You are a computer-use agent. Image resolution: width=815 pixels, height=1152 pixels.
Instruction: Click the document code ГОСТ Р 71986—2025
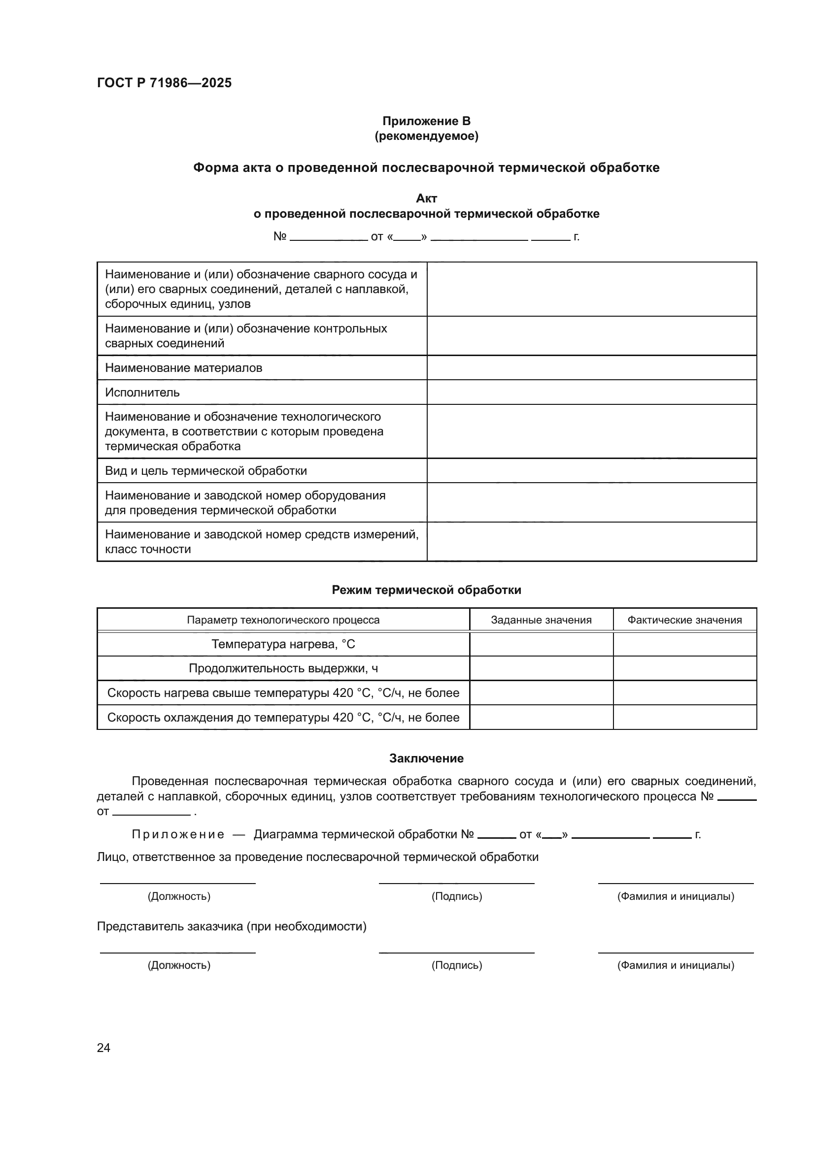coord(164,83)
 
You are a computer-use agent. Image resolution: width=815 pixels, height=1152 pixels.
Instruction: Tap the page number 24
coord(103,1048)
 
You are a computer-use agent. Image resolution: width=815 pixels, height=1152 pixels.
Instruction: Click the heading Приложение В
coord(426,121)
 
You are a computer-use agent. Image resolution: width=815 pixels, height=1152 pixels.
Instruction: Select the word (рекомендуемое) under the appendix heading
coord(426,136)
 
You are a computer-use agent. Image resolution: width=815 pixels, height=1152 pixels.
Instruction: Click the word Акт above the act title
coord(426,198)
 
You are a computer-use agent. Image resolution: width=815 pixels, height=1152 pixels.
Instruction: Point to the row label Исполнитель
coord(142,393)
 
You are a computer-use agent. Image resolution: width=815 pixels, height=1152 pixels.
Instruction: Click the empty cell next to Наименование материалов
coord(591,368)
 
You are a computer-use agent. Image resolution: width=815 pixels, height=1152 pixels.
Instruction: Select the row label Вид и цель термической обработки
coord(206,471)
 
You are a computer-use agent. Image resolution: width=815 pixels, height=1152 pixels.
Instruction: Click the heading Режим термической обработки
coord(426,590)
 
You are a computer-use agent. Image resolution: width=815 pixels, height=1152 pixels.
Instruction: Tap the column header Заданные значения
coord(541,620)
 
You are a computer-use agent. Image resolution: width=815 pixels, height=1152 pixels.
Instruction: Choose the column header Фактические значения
coord(684,620)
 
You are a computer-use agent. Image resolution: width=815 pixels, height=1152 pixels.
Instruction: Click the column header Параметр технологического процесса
coord(283,620)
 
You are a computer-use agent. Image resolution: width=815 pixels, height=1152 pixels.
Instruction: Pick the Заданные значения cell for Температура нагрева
coord(541,644)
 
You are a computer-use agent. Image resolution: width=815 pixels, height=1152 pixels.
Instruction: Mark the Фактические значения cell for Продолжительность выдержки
coord(684,668)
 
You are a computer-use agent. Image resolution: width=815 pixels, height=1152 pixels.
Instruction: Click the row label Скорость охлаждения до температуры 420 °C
coord(283,718)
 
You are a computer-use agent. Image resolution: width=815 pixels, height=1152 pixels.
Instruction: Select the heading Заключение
coord(426,758)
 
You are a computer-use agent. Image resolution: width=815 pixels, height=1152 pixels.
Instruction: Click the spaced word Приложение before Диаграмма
coord(178,834)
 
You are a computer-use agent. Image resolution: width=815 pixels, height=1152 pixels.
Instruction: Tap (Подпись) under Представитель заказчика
coord(456,965)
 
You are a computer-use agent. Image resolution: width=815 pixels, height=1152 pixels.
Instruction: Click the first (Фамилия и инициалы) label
coord(676,896)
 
